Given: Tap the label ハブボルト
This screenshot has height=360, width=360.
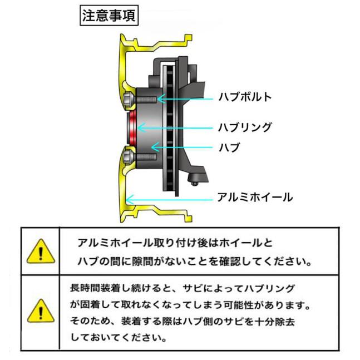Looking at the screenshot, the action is (244, 97).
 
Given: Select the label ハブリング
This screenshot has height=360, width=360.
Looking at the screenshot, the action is (244, 127).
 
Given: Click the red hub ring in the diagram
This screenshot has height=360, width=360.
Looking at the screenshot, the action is (132, 127).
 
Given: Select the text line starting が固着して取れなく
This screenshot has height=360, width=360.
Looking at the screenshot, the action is (190, 305).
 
